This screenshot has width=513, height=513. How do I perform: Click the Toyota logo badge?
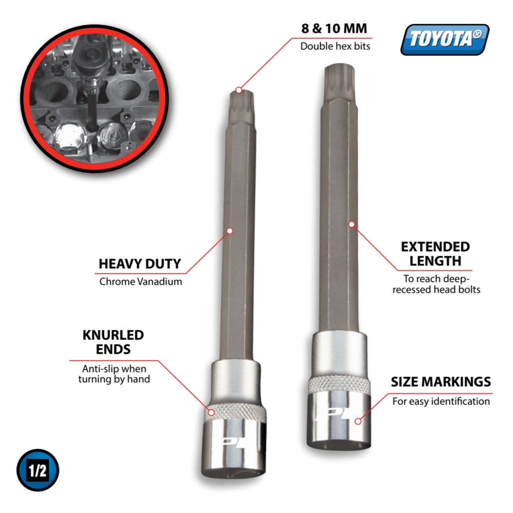coord(445,39)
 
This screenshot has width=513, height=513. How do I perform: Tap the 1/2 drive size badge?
coord(38,470)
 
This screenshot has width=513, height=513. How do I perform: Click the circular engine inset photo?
coord(94,98)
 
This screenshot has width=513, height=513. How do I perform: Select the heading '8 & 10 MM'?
coord(334,28)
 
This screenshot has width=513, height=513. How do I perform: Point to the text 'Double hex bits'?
coord(335,46)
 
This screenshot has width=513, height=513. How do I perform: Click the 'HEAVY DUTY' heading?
coord(140,263)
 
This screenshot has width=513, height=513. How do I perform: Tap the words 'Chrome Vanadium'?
coord(141,281)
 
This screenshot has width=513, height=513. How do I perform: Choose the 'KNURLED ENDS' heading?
coord(113,342)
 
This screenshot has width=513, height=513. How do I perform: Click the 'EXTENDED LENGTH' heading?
coord(436,254)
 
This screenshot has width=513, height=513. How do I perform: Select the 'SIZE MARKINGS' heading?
coord(441,382)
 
